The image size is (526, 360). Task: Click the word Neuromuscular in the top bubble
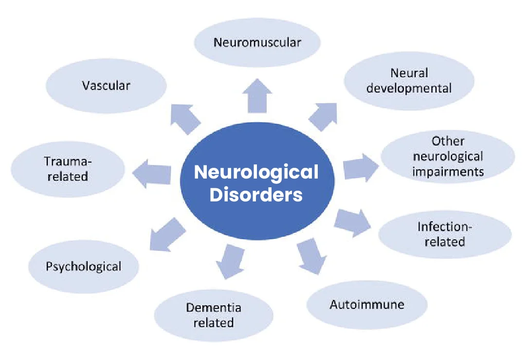pyautogui.click(x=257, y=42)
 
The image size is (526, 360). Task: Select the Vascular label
pyautogui.click(x=106, y=86)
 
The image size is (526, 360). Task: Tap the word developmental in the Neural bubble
pyautogui.click(x=409, y=89)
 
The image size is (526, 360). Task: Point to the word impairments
pyautogui.click(x=448, y=172)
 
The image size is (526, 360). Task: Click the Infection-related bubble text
pyautogui.click(x=445, y=234)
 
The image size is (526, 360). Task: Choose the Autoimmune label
pyautogui.click(x=367, y=305)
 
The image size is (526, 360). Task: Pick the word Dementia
pyautogui.click(x=214, y=307)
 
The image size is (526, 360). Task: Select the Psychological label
pyautogui.click(x=84, y=266)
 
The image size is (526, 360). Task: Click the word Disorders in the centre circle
pyautogui.click(x=256, y=195)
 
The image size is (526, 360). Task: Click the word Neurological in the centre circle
pyautogui.click(x=256, y=172)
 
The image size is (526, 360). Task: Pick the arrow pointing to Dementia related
pyautogui.click(x=228, y=260)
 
